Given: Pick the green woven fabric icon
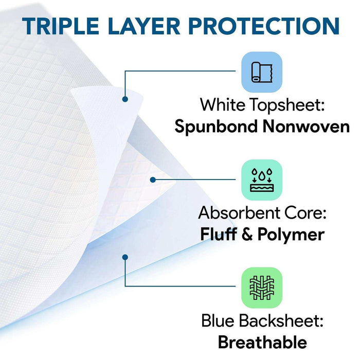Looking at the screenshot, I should [x=262, y=286].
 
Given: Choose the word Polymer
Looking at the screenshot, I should [x=291, y=235].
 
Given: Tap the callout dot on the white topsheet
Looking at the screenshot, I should [x=125, y=98].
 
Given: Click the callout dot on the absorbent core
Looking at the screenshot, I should [x=152, y=179].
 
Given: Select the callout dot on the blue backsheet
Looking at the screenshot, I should [x=125, y=256].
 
